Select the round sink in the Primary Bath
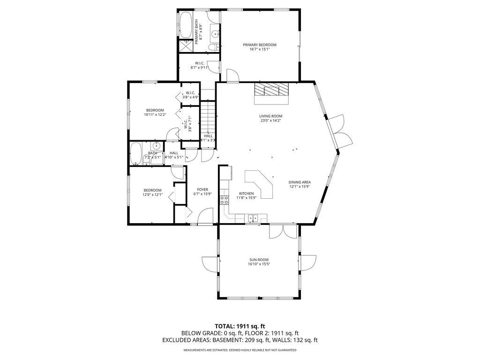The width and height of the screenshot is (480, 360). (x=214, y=34)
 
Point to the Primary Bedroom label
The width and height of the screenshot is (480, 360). (x=259, y=45)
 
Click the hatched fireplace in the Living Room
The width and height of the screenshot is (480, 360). (x=271, y=90)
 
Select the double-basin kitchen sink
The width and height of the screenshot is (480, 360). (x=254, y=217)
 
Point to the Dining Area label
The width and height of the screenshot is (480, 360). (x=300, y=182)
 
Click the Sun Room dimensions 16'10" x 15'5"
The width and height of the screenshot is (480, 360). (x=259, y=264)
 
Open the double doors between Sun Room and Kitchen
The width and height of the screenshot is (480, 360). (x=283, y=232)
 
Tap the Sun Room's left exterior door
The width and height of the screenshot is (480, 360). (x=210, y=262)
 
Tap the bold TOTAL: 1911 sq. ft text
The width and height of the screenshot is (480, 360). (x=240, y=326)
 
